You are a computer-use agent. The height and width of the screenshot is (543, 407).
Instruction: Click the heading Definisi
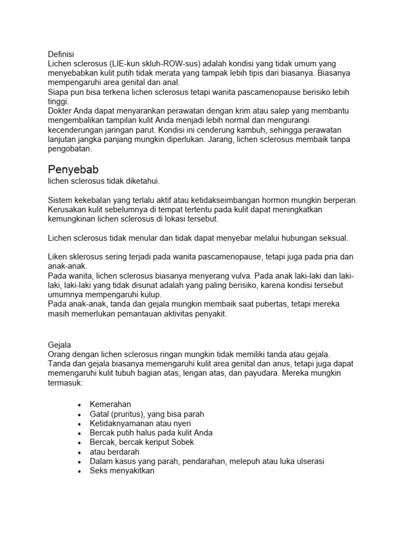[x=61, y=54]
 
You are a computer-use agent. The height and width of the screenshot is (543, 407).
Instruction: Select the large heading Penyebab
[x=74, y=169]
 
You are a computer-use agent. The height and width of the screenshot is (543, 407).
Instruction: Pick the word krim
[x=263, y=110]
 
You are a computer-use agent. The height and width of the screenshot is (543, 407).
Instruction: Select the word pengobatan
[x=70, y=149]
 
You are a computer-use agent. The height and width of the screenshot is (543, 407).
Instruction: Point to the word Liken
[x=59, y=257]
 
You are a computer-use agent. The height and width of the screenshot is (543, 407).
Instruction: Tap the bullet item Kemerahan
[x=110, y=404]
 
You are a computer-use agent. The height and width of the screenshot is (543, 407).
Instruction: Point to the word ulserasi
[x=307, y=461]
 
